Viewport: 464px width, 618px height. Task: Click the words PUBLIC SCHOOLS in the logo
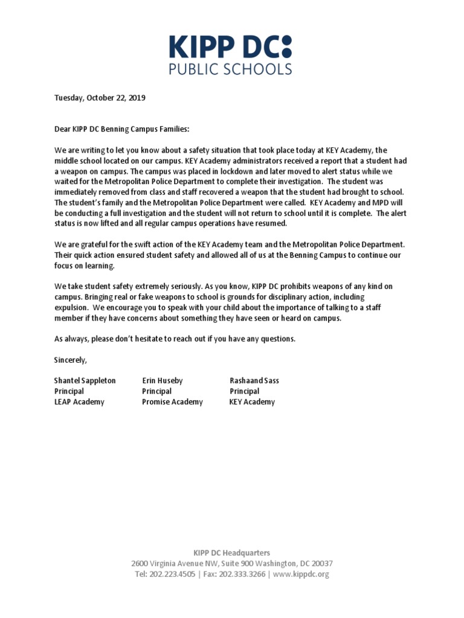230,68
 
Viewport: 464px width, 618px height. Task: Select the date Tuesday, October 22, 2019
100,98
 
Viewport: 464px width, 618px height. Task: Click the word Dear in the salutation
63,129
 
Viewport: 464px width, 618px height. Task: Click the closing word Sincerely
71,360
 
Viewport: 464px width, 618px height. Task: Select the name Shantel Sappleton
85,381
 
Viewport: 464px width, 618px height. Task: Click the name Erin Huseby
162,381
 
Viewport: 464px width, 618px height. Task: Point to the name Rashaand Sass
254,381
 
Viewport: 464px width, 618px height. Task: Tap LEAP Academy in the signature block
79,402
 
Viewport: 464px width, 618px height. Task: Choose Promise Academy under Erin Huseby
172,402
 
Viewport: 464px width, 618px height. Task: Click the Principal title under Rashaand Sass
245,391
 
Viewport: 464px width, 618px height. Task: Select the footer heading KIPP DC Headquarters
231,552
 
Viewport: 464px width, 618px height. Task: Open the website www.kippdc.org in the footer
301,574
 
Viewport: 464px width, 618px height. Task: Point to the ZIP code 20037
320,563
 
